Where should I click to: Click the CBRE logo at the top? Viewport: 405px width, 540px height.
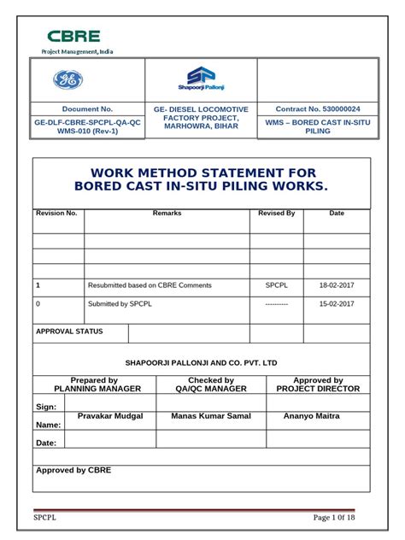pyautogui.click(x=73, y=36)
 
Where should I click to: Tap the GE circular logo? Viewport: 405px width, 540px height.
pyautogui.click(x=68, y=79)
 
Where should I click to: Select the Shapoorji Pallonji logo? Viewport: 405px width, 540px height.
pyautogui.click(x=201, y=79)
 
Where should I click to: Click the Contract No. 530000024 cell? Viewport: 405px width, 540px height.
pyautogui.click(x=318, y=109)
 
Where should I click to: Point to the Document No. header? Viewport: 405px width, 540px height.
pyautogui.click(x=87, y=109)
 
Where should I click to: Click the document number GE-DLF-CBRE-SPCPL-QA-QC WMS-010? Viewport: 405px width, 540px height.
pyautogui.click(x=87, y=127)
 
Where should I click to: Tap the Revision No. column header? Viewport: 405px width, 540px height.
pyautogui.click(x=57, y=213)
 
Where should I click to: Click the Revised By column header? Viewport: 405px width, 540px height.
pyautogui.click(x=276, y=213)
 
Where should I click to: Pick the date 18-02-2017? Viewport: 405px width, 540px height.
pyautogui.click(x=337, y=285)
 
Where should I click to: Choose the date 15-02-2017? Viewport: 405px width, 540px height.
pyautogui.click(x=337, y=304)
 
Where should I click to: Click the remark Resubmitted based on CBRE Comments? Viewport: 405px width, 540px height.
pyautogui.click(x=150, y=285)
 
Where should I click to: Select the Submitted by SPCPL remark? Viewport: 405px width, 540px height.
pyautogui.click(x=120, y=304)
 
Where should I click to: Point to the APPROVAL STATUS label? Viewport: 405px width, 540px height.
pyautogui.click(x=69, y=332)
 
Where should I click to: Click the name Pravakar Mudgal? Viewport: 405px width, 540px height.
pyautogui.click(x=110, y=416)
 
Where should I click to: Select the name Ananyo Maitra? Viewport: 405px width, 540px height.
pyautogui.click(x=311, y=416)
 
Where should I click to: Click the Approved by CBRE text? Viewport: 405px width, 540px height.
pyautogui.click(x=73, y=470)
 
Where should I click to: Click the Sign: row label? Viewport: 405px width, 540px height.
pyautogui.click(x=46, y=407)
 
